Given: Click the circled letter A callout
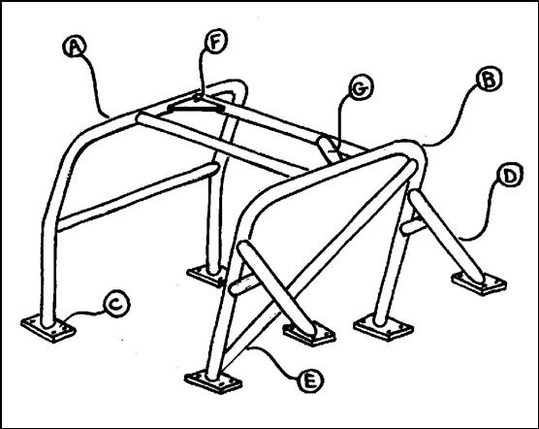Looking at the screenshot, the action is pyautogui.click(x=75, y=48).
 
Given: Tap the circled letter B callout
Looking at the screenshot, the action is pyautogui.click(x=490, y=80).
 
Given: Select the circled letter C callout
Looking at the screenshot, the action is pyautogui.click(x=116, y=304).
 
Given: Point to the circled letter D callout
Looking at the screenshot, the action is pyautogui.click(x=510, y=175).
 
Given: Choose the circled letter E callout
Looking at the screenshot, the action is pyautogui.click(x=310, y=380).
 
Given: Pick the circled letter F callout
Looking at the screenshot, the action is pyautogui.click(x=216, y=42).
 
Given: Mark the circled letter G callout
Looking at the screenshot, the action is pyautogui.click(x=361, y=88).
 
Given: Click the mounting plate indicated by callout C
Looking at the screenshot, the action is pyautogui.click(x=48, y=329).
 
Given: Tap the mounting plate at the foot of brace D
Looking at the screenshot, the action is pyautogui.click(x=479, y=283).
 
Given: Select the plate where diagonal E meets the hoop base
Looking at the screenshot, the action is pyautogui.click(x=213, y=381).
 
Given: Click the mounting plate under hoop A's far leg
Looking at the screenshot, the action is pyautogui.click(x=206, y=276).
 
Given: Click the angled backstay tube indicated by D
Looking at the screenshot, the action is pyautogui.click(x=447, y=236).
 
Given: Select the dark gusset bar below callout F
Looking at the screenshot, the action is pyautogui.click(x=196, y=109).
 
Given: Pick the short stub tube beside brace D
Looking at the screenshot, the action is pyautogui.click(x=414, y=227).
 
